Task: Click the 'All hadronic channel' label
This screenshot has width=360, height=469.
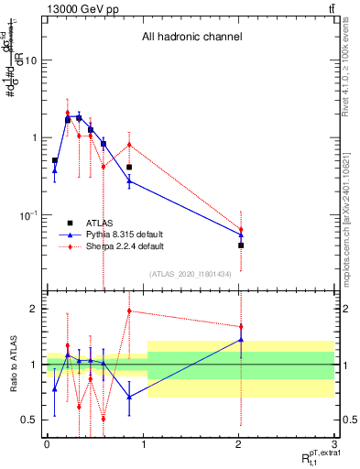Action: click(191, 38)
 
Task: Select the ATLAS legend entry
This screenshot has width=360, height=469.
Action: click(99, 223)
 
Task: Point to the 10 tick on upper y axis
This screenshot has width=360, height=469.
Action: click(30, 60)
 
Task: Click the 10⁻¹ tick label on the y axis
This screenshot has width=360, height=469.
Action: click(27, 215)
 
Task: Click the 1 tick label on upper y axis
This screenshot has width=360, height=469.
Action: click(34, 137)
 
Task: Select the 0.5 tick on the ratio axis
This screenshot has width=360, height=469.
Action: click(29, 420)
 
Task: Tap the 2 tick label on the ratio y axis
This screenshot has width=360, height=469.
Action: click(34, 309)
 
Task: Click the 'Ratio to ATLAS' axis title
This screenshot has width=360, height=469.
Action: click(11, 365)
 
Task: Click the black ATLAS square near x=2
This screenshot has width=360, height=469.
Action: click(241, 245)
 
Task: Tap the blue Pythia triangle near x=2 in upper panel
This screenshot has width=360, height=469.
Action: click(241, 234)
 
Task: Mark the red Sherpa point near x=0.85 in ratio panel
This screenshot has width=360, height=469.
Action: click(129, 311)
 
